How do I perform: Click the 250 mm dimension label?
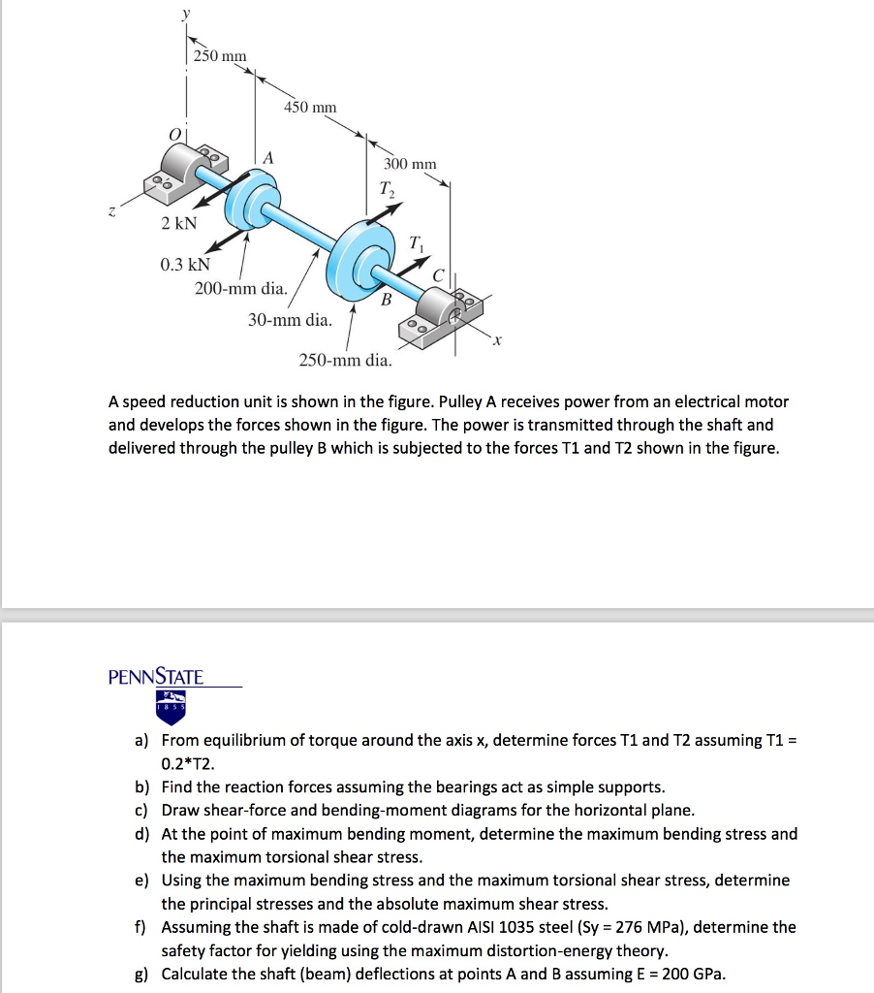[x=220, y=56]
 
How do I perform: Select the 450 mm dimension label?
[x=310, y=107]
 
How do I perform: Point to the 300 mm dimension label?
[x=410, y=164]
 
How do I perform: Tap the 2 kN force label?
[x=178, y=224]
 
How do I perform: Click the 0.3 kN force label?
[x=185, y=264]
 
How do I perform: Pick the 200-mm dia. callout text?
[x=240, y=288]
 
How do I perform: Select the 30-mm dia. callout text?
[x=290, y=319]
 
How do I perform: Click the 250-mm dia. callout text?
[x=345, y=360]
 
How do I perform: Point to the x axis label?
[x=497, y=340]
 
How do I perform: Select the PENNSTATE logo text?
[x=156, y=677]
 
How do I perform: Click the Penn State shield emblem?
[x=171, y=707]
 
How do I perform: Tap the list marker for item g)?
[x=141, y=974]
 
